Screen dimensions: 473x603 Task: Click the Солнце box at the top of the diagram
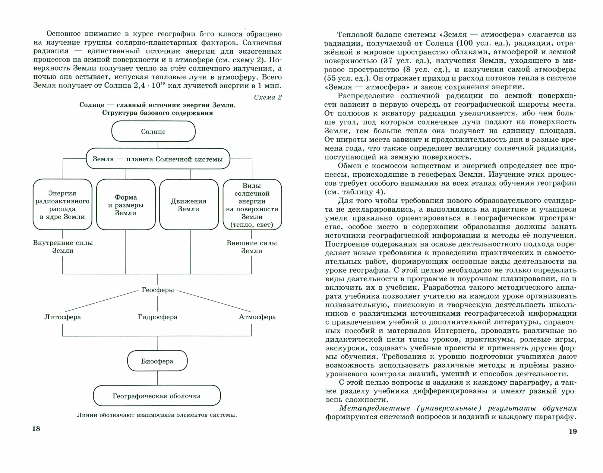(153, 131)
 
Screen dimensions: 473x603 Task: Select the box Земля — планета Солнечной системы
(158, 159)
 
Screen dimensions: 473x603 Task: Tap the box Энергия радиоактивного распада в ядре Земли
(62, 205)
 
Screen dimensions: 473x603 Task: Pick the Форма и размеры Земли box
(126, 205)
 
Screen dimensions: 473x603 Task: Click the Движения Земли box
(189, 205)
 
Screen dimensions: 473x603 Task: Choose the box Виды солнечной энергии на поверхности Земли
(252, 205)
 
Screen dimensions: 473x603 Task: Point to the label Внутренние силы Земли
(63, 247)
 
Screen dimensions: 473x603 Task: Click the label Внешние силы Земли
(252, 247)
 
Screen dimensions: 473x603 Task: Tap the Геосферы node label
(158, 290)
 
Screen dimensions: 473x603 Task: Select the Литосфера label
(63, 317)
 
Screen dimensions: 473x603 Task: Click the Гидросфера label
(158, 317)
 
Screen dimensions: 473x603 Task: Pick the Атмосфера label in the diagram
(257, 317)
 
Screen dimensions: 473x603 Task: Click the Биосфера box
(157, 361)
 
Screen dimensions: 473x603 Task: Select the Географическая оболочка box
(157, 396)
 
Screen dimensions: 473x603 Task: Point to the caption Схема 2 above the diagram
(268, 97)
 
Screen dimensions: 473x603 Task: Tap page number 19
(573, 431)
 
